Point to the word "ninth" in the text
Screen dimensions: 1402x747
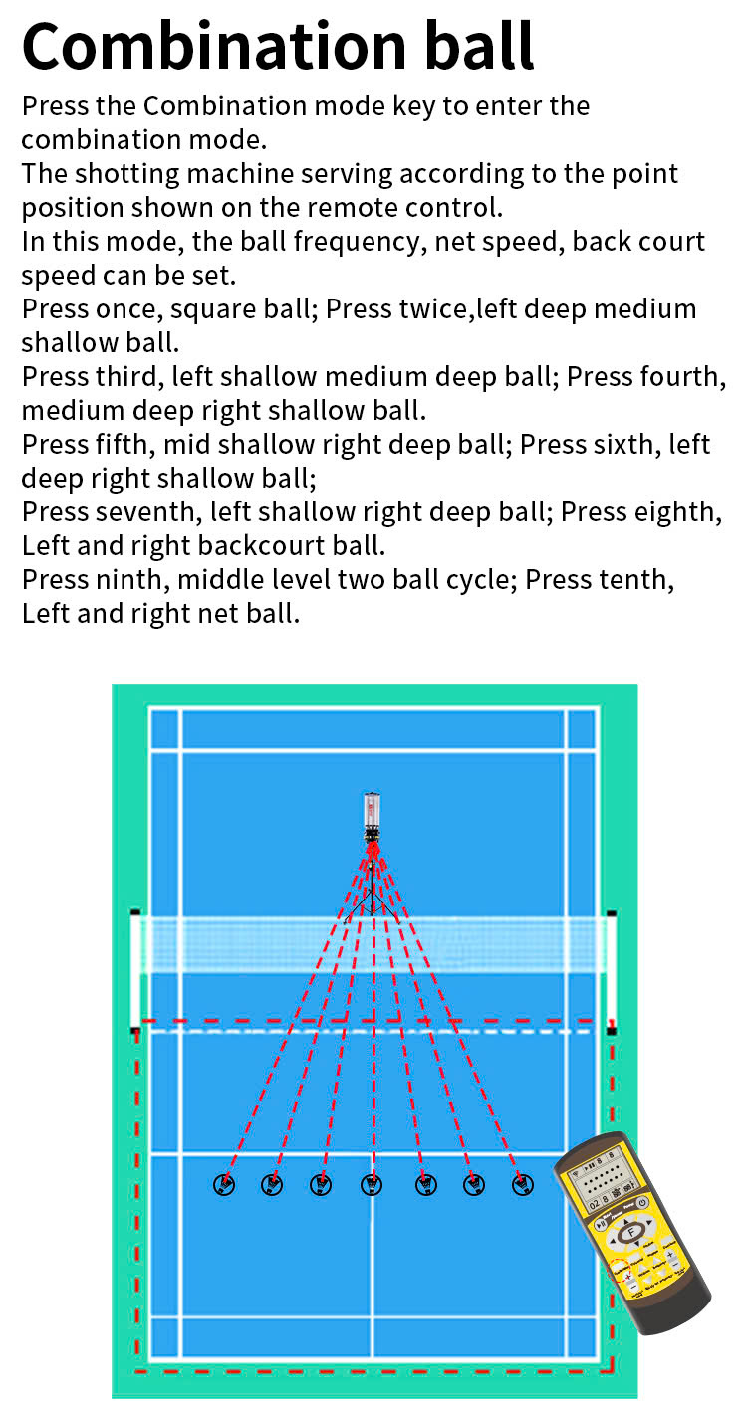pyautogui.click(x=132, y=580)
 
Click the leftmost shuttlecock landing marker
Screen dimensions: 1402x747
pyautogui.click(x=224, y=1184)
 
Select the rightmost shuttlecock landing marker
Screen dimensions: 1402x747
pyautogui.click(x=522, y=1184)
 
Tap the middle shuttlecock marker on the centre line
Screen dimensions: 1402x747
pyautogui.click(x=372, y=1184)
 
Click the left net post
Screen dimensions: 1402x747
pyautogui.click(x=135, y=970)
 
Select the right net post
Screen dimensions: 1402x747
pyautogui.click(x=611, y=970)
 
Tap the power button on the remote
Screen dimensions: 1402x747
pyautogui.click(x=643, y=1202)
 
